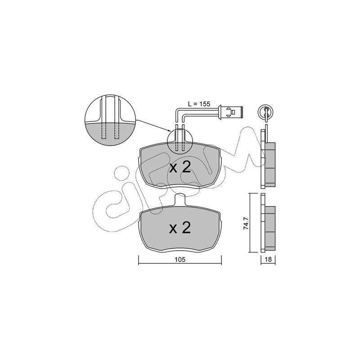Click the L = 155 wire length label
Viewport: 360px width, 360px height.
tap(199, 104)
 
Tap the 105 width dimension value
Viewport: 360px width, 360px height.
tap(180, 260)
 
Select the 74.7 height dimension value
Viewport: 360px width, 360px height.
tap(246, 224)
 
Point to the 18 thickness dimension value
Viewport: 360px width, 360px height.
tap(268, 260)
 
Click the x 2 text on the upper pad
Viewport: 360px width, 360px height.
tap(180, 167)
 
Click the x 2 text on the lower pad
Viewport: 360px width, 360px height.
tap(180, 228)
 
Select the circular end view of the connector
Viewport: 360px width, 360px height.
tap(266, 112)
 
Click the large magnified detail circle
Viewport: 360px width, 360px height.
tap(110, 120)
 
